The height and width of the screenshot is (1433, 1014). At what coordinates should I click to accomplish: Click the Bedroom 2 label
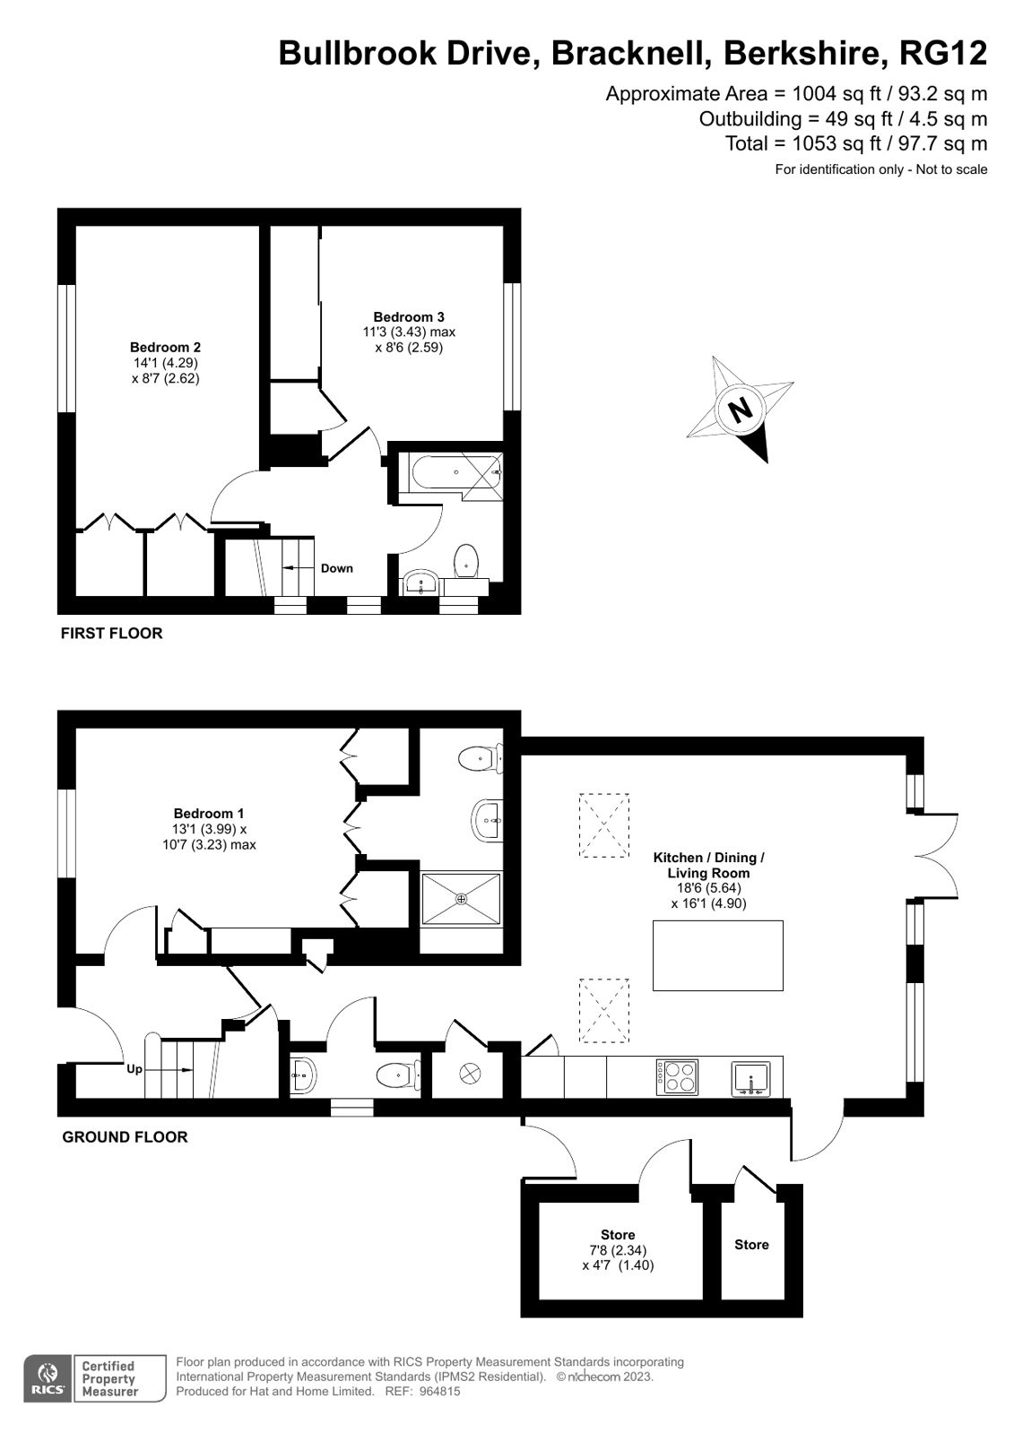click(165, 348)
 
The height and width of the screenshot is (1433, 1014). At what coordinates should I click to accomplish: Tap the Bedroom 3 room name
click(409, 317)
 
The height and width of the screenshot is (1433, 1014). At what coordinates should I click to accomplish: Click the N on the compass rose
click(740, 410)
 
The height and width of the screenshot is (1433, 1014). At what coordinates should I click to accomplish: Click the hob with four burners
click(678, 1076)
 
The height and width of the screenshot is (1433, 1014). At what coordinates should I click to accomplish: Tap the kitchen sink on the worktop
click(751, 1078)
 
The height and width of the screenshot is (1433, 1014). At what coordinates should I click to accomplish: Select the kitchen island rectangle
click(717, 955)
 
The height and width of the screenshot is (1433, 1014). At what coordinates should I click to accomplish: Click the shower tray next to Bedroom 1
click(462, 899)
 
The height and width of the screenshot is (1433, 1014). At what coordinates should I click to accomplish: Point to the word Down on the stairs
click(337, 568)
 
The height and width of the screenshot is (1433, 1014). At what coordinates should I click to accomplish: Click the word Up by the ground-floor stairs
click(134, 1068)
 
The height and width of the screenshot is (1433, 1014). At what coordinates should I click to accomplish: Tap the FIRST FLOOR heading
click(111, 634)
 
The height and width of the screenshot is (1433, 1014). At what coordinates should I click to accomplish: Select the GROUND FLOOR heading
click(125, 1137)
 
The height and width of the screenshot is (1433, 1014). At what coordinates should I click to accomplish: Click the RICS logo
click(46, 1378)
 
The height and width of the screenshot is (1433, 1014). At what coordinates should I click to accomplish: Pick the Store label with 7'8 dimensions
click(618, 1235)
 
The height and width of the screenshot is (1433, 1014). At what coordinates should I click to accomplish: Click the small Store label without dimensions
click(751, 1245)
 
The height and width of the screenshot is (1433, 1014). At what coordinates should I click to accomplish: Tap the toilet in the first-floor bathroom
click(466, 562)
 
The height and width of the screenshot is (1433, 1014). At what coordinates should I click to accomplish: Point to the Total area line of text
click(856, 143)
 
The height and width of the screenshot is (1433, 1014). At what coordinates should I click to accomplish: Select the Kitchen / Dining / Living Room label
click(708, 865)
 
